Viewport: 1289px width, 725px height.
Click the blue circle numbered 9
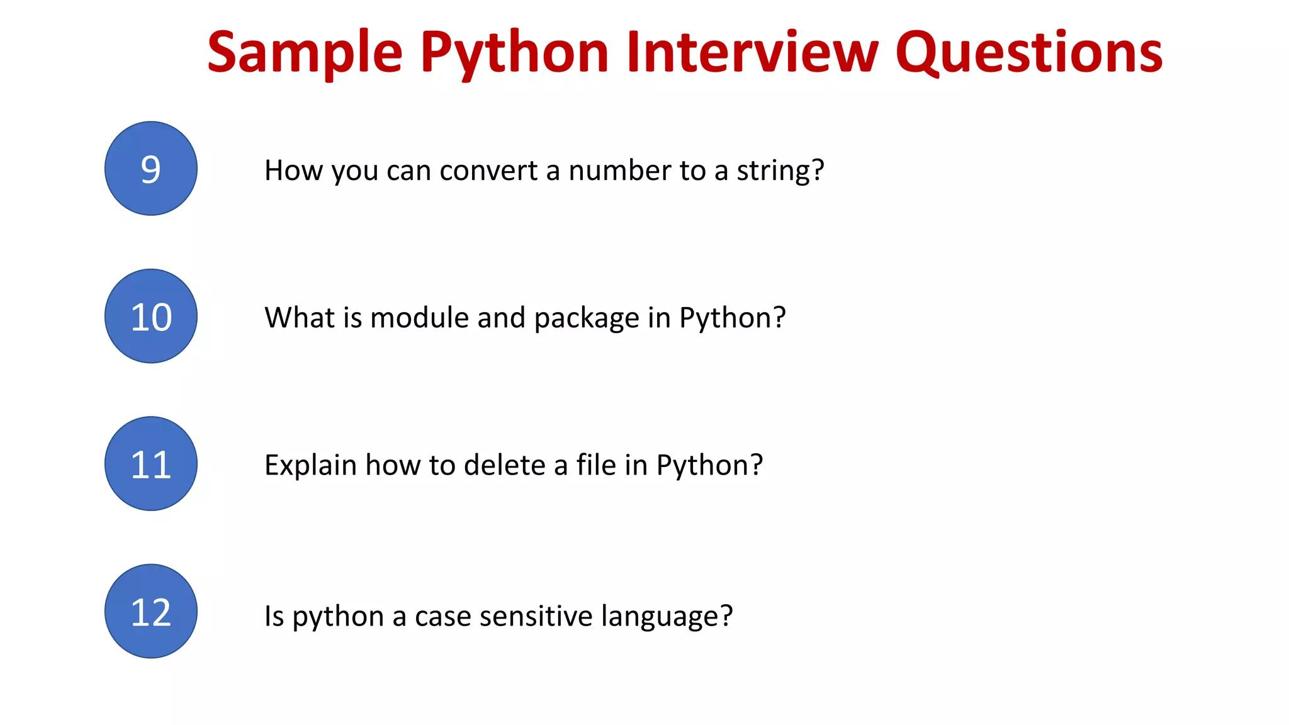click(151, 169)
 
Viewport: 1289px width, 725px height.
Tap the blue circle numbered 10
click(151, 316)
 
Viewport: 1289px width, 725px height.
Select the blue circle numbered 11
click(151, 464)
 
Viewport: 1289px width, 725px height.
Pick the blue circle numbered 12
click(151, 611)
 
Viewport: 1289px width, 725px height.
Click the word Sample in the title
click(305, 53)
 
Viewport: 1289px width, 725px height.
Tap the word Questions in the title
click(1029, 53)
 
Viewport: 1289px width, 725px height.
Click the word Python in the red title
click(514, 53)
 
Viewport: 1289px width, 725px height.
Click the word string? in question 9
click(780, 171)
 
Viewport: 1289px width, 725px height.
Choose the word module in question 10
click(419, 318)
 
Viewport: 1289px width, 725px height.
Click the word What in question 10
click(300, 318)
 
